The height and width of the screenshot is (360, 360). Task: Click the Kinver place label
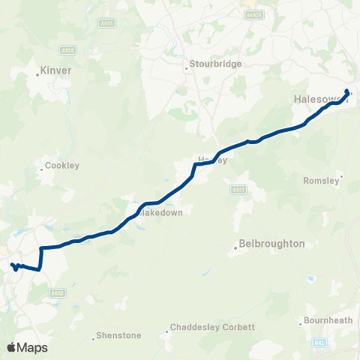[56, 70]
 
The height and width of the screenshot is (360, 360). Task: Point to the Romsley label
[321, 181]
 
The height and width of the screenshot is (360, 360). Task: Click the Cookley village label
[61, 165]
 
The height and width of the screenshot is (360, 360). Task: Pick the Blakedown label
[162, 212]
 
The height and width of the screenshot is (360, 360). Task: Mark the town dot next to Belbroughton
[235, 244]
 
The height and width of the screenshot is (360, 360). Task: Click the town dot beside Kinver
[38, 74]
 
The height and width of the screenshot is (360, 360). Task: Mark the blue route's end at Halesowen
[346, 91]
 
